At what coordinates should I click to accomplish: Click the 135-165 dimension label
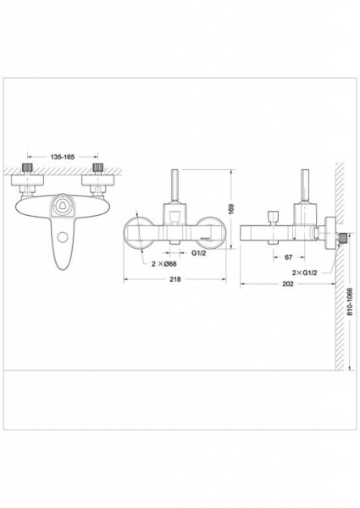click(63, 157)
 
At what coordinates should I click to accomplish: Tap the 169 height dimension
click(231, 209)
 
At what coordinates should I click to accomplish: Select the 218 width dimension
click(175, 279)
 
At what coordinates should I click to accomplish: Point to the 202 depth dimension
click(288, 284)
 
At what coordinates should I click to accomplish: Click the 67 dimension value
click(288, 257)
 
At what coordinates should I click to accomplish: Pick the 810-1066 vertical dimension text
click(350, 301)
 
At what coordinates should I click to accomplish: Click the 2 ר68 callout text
click(164, 263)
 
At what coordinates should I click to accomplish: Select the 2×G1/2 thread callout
click(305, 273)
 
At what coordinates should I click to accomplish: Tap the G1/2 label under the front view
click(198, 252)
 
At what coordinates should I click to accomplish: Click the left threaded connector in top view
click(28, 168)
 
